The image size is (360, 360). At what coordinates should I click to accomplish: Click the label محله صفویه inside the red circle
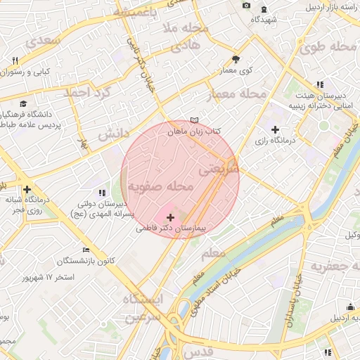(x=160, y=187)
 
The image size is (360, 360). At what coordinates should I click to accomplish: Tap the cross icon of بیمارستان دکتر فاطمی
(x=169, y=218)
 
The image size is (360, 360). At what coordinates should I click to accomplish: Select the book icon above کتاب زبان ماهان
(x=195, y=121)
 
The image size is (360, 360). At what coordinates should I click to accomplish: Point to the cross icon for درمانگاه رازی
(x=275, y=129)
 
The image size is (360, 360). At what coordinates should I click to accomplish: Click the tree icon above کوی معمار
(x=236, y=60)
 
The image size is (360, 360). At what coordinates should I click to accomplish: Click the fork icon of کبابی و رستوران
(x=15, y=60)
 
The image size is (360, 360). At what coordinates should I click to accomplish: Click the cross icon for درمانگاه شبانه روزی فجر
(x=27, y=189)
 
